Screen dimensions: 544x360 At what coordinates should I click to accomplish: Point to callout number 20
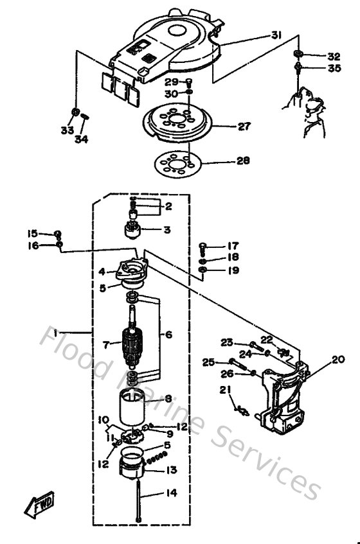(x=339, y=360)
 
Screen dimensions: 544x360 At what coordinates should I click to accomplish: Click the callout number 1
(x=57, y=333)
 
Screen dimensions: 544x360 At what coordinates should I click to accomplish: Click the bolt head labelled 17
(x=203, y=245)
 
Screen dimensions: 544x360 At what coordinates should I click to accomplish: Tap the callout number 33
(x=67, y=130)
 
